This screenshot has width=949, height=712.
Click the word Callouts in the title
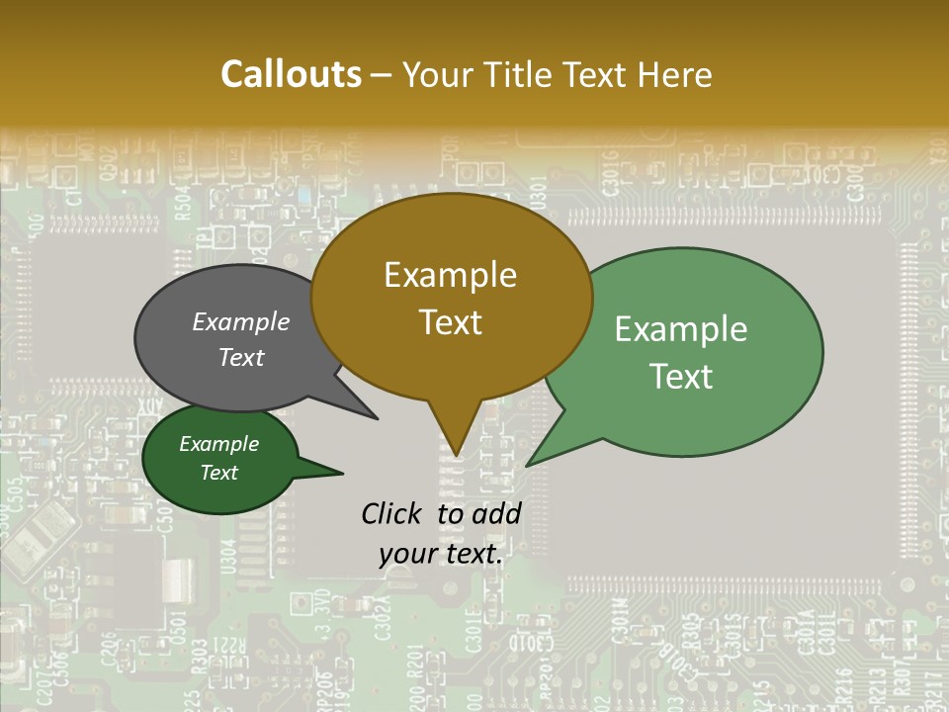point(291,74)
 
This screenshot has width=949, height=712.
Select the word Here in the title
point(675,74)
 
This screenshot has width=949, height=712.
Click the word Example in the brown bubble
point(450,275)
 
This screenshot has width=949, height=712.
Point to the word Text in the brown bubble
point(450,322)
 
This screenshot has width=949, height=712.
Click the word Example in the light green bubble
point(681,329)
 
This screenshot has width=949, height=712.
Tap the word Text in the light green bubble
point(681,377)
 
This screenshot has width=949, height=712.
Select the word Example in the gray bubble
point(240,321)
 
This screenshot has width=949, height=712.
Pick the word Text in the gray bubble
point(240,357)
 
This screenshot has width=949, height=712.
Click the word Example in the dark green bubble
point(218,444)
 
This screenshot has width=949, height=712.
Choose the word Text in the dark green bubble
point(218,473)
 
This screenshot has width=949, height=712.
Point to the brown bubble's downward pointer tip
point(456,454)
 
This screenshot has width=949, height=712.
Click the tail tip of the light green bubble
point(529,464)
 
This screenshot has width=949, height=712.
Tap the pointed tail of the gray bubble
point(376,417)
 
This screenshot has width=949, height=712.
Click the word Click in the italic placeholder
point(393,513)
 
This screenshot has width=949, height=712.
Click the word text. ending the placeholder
point(469,555)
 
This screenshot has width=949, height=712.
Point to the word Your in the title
point(436,74)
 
